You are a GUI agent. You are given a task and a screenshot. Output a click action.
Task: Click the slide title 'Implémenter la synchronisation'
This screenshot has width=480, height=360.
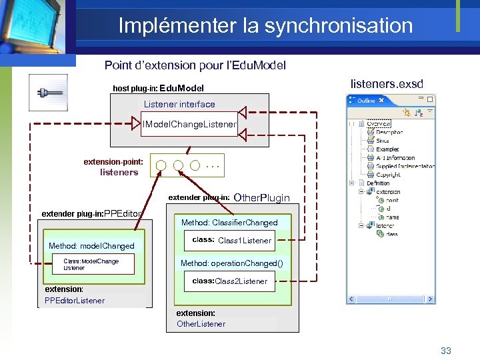pyautogui.click(x=265, y=26)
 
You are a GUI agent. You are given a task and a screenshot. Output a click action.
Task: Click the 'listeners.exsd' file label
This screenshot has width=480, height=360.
pyautogui.click(x=387, y=85)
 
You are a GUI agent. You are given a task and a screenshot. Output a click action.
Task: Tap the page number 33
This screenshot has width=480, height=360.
pyautogui.click(x=446, y=351)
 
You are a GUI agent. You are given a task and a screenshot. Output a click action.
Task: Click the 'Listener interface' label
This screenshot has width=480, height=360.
pyautogui.click(x=179, y=104)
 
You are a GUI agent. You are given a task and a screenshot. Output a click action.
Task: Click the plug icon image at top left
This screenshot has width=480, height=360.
pyautogui.click(x=48, y=92)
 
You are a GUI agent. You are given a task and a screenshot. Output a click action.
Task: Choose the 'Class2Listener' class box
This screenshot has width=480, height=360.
pyautogui.click(x=230, y=281)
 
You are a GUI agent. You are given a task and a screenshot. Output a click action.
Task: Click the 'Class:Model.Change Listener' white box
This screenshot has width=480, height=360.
pyautogui.click(x=93, y=264)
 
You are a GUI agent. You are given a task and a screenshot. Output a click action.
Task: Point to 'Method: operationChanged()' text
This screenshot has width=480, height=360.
pyautogui.click(x=231, y=263)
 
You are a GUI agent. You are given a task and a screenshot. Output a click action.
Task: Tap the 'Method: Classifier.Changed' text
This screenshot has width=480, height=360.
pyautogui.click(x=229, y=223)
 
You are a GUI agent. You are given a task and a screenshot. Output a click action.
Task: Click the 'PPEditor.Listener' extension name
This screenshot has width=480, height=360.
pyautogui.click(x=75, y=301)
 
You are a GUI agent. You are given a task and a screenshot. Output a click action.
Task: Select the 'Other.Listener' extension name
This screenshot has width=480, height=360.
pyautogui.click(x=201, y=324)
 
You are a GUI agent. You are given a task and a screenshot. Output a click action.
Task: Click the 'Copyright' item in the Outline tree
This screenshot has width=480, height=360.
pyautogui.click(x=393, y=175)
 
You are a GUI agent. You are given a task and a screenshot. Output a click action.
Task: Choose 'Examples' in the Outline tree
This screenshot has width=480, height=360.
pyautogui.click(x=387, y=149)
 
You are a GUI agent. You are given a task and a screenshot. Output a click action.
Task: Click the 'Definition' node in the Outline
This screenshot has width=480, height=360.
pyautogui.click(x=378, y=183)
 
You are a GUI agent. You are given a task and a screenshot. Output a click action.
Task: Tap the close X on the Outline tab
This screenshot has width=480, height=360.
pyautogui.click(x=381, y=101)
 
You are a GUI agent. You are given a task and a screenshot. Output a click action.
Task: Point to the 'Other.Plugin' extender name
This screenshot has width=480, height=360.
pyautogui.click(x=262, y=198)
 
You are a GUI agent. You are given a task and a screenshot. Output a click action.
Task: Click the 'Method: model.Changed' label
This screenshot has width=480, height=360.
pyautogui.click(x=91, y=246)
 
